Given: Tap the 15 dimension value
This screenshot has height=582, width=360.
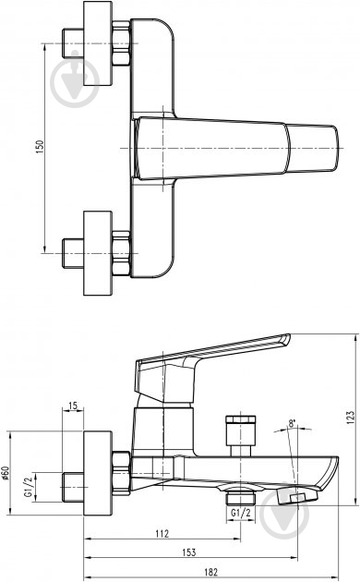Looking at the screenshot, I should pos(73,406).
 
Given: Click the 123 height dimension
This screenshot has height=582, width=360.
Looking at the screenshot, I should pos(352,416).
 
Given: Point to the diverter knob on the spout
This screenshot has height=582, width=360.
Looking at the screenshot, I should pos(238,434).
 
